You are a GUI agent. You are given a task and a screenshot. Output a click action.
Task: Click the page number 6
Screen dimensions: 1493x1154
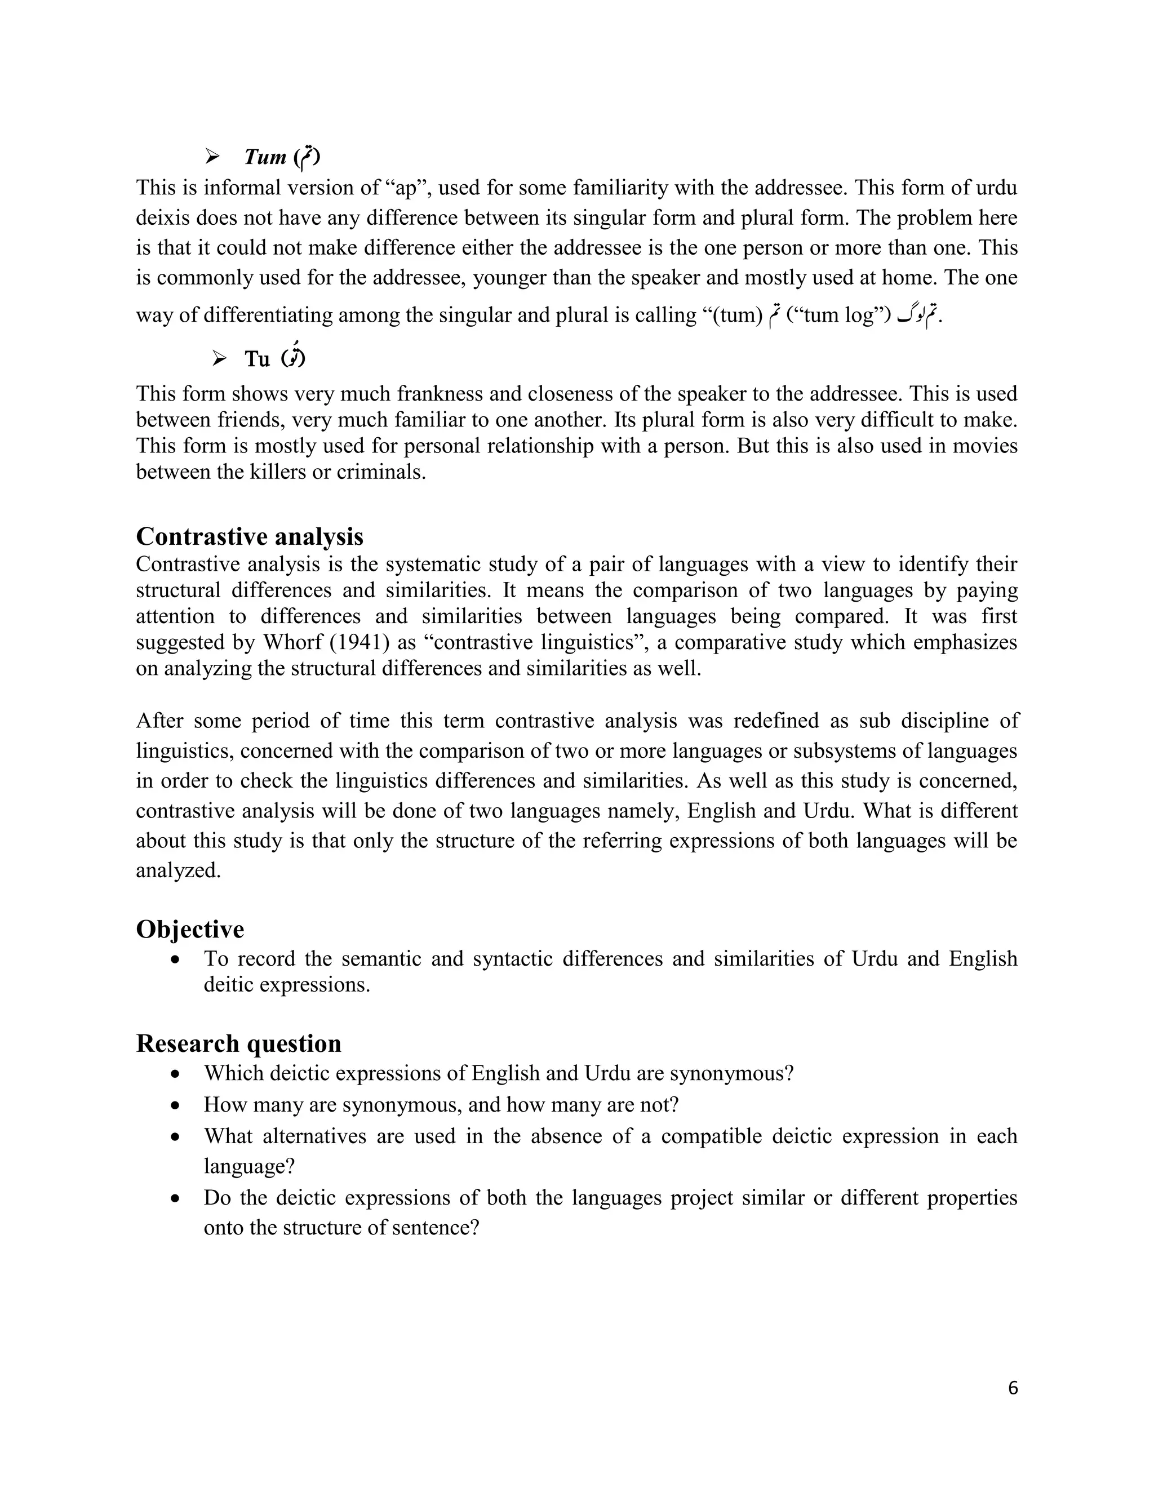tap(1013, 1388)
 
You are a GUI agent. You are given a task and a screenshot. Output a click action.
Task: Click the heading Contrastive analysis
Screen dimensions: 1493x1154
tap(250, 536)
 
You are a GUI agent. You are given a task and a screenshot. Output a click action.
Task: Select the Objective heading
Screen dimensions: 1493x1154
tap(189, 930)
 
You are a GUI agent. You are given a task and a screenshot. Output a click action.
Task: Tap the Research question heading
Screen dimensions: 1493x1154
tap(238, 1044)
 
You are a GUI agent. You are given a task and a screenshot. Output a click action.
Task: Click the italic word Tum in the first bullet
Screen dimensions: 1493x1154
tap(265, 157)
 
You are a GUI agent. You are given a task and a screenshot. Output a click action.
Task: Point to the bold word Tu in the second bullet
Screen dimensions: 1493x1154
tap(257, 359)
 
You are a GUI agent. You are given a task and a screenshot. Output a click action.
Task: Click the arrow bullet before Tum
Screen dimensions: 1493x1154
tap(212, 157)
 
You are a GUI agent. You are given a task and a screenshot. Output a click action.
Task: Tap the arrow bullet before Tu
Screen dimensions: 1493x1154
tap(219, 358)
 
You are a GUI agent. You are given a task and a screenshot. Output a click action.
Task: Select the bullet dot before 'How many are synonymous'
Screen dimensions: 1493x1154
tap(176, 1105)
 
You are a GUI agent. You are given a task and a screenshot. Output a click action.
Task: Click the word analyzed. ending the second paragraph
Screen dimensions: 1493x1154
tap(179, 871)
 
